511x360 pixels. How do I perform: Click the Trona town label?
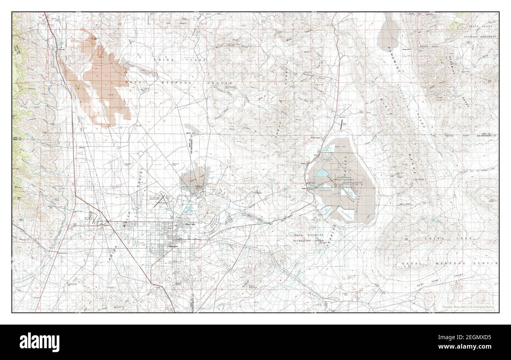click(315, 155)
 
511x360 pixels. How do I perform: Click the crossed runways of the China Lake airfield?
click(163, 201)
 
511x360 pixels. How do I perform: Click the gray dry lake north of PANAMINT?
click(388, 33)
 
